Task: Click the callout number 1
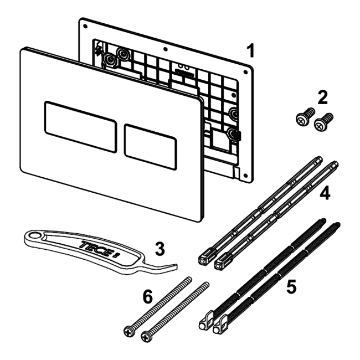click(251, 51)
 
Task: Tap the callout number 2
click(322, 97)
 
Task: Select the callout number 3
click(160, 249)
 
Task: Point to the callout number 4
click(325, 193)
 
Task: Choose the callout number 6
click(147, 296)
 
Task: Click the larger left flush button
click(81, 126)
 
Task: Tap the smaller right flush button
click(151, 147)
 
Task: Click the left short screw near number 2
click(305, 117)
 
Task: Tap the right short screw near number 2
click(323, 122)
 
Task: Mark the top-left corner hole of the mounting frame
click(85, 27)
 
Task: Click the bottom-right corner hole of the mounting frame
click(245, 176)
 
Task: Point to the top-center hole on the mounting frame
click(166, 49)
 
